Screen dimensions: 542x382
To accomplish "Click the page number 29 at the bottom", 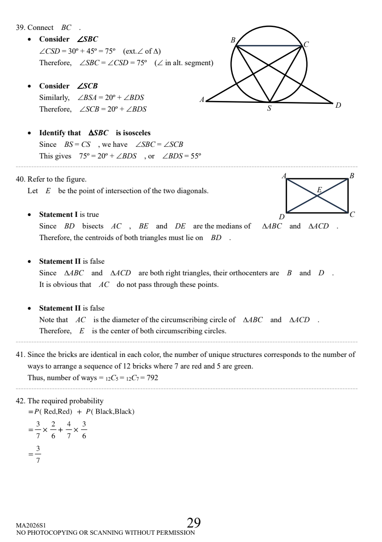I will [194, 523].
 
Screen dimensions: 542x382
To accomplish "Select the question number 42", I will [21, 400].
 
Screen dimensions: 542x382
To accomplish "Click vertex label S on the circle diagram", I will [269, 109].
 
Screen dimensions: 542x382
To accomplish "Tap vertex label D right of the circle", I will [339, 105].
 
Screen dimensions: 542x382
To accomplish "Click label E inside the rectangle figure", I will [319, 190].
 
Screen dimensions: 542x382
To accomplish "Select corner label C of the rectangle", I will [352, 214].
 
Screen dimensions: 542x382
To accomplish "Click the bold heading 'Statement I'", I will [58, 214].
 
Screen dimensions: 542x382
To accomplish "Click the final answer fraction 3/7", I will [38, 456].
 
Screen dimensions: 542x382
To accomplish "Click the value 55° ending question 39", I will [193, 156].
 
